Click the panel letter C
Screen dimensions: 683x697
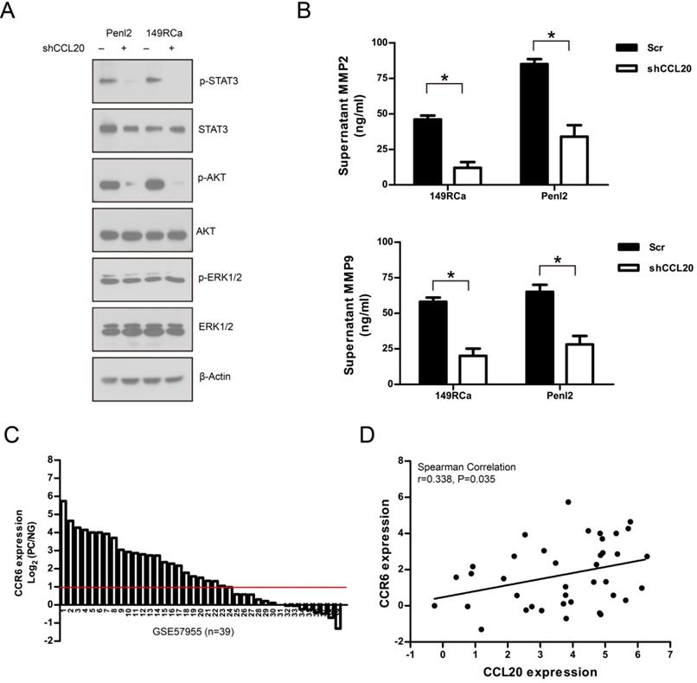10,435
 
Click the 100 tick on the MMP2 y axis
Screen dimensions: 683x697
377,42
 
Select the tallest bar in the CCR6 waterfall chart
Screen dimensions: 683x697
63,552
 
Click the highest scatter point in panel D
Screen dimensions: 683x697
568,502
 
